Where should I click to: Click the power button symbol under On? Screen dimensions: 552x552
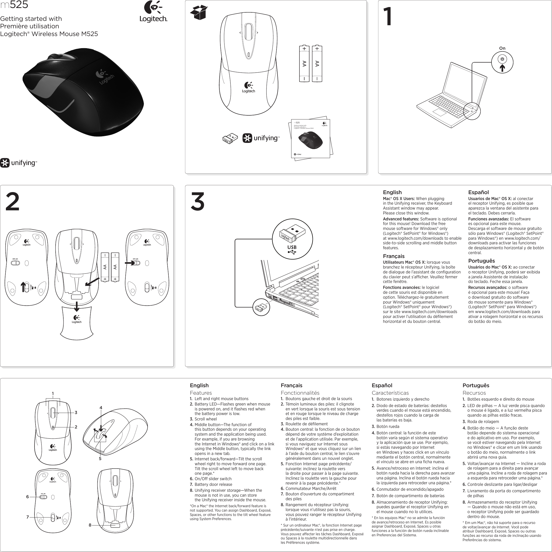502,59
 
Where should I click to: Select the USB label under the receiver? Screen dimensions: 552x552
292,247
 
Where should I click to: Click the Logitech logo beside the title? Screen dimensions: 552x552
153,11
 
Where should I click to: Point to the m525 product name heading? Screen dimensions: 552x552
14,5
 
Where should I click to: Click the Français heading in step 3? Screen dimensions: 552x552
393,256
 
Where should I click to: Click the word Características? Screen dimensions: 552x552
390,393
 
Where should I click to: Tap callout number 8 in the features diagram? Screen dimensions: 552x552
90,525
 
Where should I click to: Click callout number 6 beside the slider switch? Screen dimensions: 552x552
28,497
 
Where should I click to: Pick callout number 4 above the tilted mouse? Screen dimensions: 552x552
101,408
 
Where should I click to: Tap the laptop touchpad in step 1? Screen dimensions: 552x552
439,112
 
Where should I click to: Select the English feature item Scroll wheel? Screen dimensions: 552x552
205,419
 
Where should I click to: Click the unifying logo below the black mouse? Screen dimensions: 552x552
19,163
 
